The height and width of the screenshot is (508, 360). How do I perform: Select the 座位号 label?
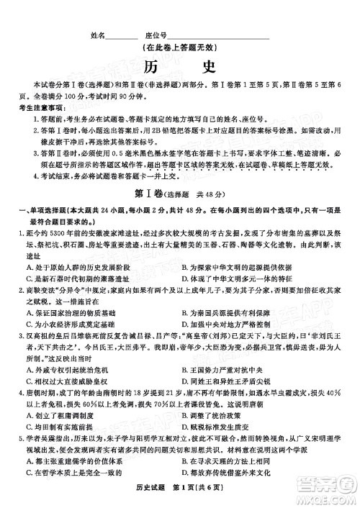click(x=156, y=35)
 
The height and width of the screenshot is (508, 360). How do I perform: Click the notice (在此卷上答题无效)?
click(x=181, y=48)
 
